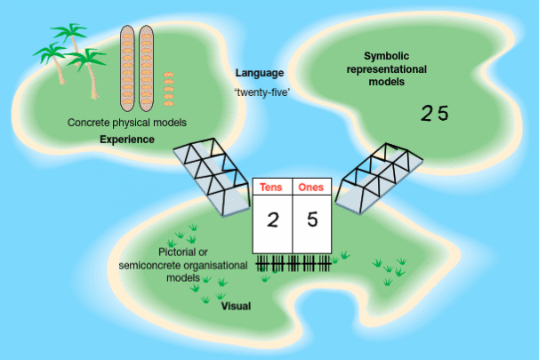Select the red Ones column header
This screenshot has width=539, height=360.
[x=311, y=188]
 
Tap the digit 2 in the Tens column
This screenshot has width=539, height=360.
[x=273, y=220]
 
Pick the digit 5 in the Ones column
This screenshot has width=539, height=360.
[x=312, y=220]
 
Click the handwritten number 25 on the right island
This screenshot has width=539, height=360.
[x=435, y=113]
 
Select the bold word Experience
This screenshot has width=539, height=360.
[x=127, y=140]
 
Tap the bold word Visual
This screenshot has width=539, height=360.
[x=235, y=306]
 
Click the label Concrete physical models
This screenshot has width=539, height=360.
[x=127, y=123]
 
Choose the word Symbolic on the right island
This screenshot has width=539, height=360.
[x=387, y=55]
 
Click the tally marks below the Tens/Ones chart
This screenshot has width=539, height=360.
[x=294, y=265]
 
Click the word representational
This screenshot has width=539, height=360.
[x=386, y=68]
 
